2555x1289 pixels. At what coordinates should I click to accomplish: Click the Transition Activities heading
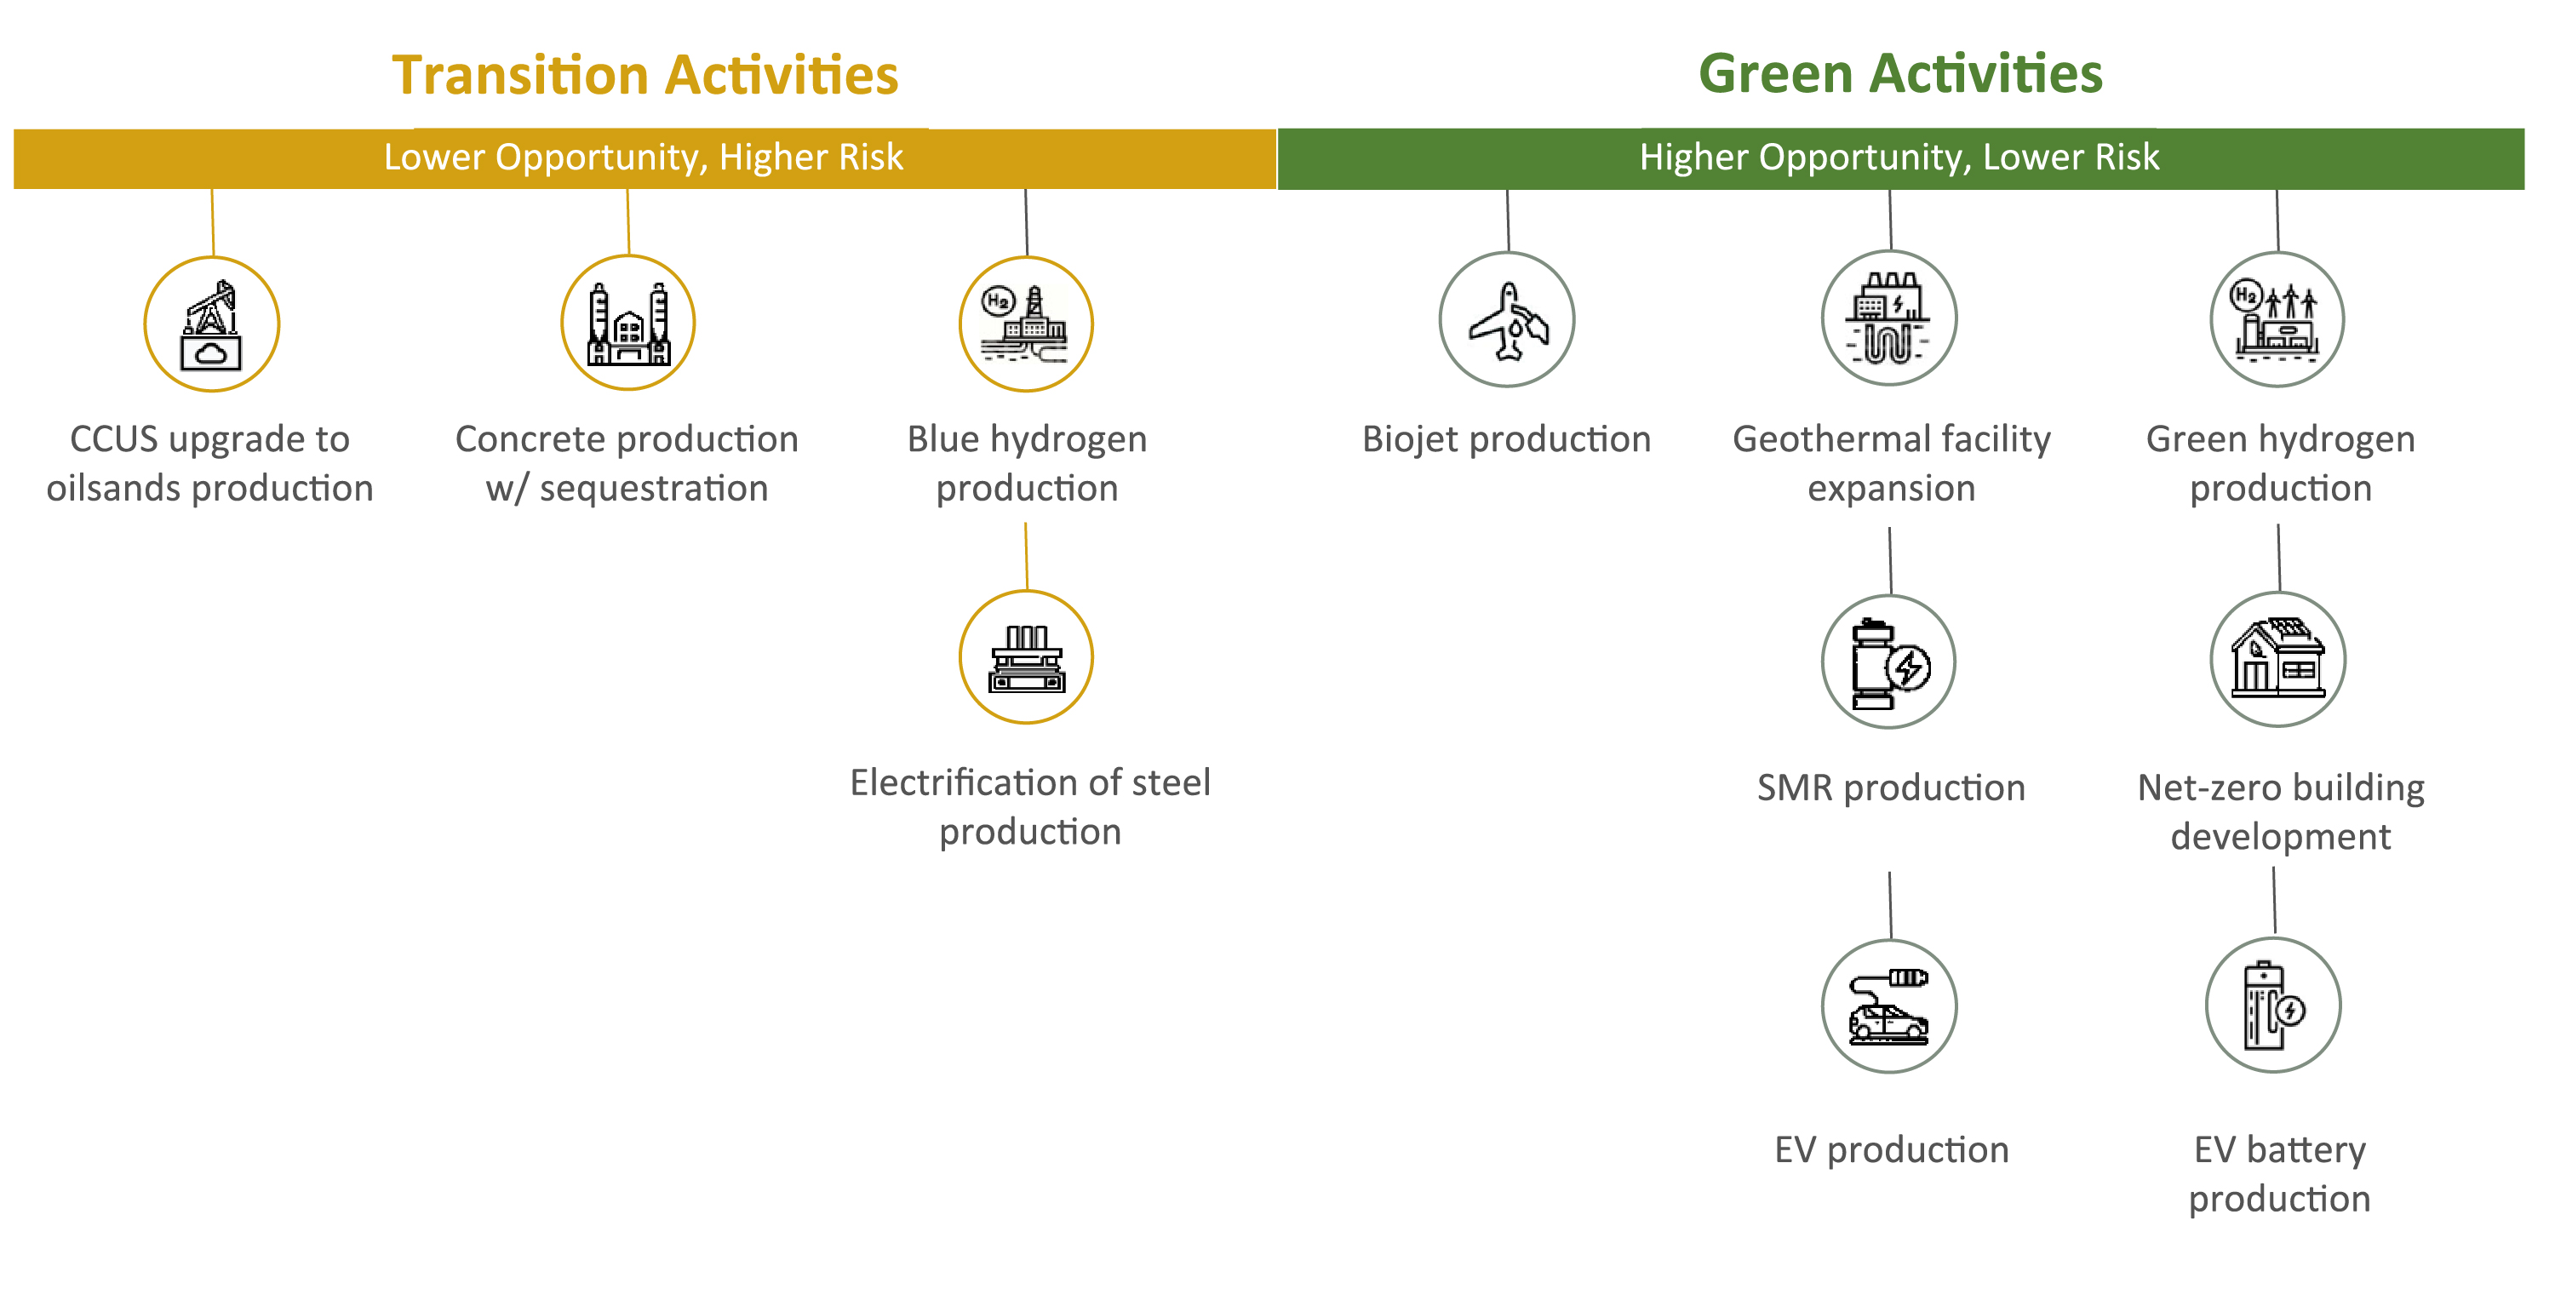point(645,76)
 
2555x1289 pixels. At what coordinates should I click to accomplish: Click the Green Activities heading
point(1900,73)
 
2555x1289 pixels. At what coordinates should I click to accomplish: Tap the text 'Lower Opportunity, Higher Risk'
point(644,158)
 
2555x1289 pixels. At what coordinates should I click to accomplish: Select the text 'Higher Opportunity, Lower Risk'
point(1899,158)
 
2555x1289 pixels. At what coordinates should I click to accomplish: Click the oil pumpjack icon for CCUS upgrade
point(211,324)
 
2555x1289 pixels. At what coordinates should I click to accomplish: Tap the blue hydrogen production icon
point(1027,324)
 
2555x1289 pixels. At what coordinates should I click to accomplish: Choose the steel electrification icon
point(1027,657)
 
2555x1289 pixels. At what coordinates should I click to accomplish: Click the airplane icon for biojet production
point(1507,319)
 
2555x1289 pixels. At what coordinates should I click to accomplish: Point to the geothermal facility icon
point(1889,318)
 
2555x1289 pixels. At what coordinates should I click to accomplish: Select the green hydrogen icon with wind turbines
point(2277,319)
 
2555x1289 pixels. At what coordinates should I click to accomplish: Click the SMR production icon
point(1889,662)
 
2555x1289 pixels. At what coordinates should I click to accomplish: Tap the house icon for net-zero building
point(2278,659)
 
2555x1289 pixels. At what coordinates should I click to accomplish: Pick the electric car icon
point(1889,1006)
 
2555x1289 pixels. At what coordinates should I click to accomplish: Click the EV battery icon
point(2273,1005)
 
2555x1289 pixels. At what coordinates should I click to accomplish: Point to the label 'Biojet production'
point(1507,439)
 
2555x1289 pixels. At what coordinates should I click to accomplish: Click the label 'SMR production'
point(1890,788)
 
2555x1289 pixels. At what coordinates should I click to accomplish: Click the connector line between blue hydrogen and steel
point(1027,556)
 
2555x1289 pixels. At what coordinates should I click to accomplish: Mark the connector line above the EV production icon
point(1890,905)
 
